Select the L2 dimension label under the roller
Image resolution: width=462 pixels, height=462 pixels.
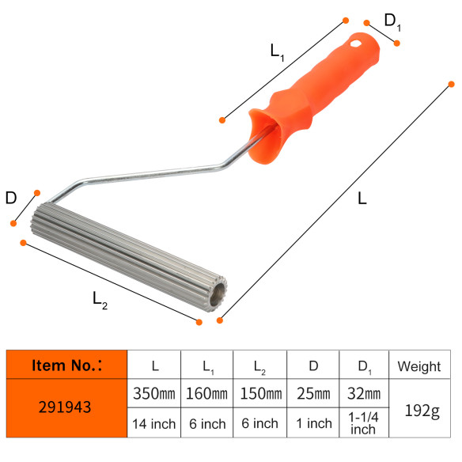pos(100,300)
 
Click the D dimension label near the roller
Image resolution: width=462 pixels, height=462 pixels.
pos(11,198)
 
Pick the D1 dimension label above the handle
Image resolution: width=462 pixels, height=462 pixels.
pos(392,21)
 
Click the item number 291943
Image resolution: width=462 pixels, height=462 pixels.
pos(67,408)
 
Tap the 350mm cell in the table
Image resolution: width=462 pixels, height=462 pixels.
pos(155,394)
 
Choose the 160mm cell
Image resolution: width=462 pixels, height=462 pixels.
pos(206,394)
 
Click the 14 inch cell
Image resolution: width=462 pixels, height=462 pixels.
pos(155,423)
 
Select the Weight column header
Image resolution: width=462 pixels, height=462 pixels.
pos(419,366)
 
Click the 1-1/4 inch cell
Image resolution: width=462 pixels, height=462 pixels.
pos(364,424)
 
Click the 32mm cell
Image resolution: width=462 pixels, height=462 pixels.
pos(364,394)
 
